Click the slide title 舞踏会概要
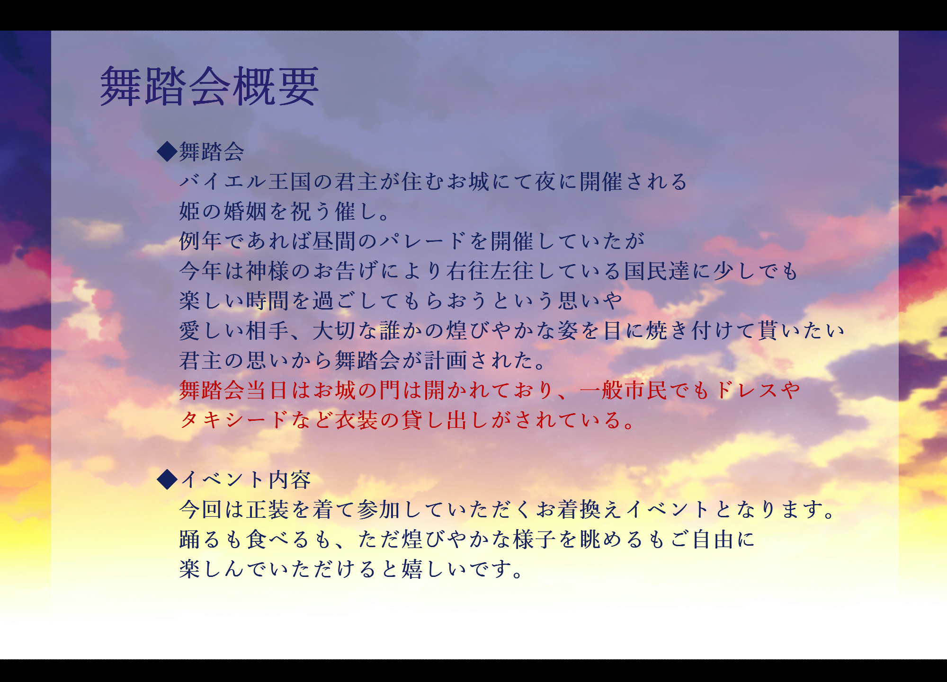pyautogui.click(x=209, y=86)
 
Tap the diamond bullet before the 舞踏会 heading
pyautogui.click(x=167, y=151)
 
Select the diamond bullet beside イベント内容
pyautogui.click(x=167, y=479)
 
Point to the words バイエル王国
pyautogui.click(x=245, y=182)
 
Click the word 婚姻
pyautogui.click(x=245, y=212)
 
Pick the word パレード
pyautogui.click(x=423, y=241)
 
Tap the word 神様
pyautogui.click(x=268, y=271)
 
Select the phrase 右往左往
pyautogui.click(x=490, y=271)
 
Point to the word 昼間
pyautogui.click(x=334, y=241)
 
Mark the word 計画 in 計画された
pyautogui.click(x=446, y=361)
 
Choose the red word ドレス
pyautogui.click(x=747, y=390)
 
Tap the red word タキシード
pyautogui.click(x=234, y=420)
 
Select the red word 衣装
pyautogui.click(x=357, y=420)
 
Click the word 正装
pyautogui.click(x=268, y=510)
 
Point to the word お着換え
pyautogui.click(x=580, y=510)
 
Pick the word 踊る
pyautogui.click(x=201, y=540)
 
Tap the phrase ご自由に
pyautogui.click(x=713, y=540)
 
